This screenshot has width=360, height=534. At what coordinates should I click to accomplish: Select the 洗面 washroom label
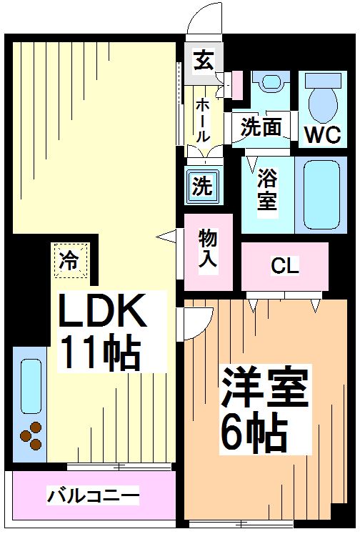pyautogui.click(x=260, y=128)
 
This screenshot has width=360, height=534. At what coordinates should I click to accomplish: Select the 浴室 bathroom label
pyautogui.click(x=267, y=188)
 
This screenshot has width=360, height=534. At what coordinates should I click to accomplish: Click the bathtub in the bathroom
pyautogui.click(x=320, y=192)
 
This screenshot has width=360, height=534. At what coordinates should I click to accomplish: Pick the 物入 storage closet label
pyautogui.click(x=207, y=248)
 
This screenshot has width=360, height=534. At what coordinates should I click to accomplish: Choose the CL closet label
pyautogui.click(x=284, y=267)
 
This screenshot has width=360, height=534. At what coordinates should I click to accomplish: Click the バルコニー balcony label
pyautogui.click(x=93, y=495)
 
